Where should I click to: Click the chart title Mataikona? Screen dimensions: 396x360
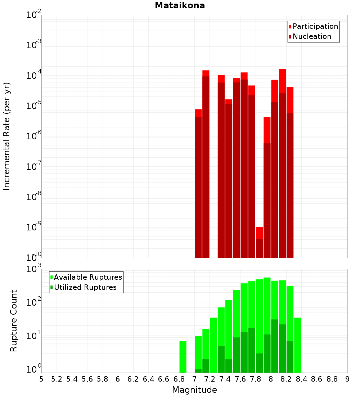coord(180,5)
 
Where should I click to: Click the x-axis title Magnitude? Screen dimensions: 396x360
coord(194,390)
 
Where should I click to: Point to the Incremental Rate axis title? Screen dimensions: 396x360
coord(7,136)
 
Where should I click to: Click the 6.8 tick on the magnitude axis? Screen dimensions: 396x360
coord(179,379)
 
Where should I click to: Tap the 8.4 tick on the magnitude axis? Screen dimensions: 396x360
coord(302,379)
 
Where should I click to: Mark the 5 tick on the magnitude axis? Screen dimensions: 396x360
coord(41,379)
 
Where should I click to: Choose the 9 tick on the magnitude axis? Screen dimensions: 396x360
coord(347,379)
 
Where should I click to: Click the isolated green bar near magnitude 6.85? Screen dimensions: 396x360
coord(183,356)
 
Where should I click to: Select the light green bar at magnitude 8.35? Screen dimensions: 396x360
coord(298,345)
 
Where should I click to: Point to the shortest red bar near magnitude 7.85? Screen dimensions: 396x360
coord(259,242)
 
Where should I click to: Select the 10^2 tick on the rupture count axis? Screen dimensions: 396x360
coord(34,302)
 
